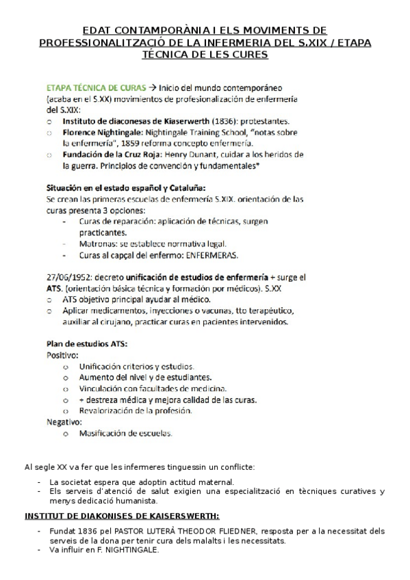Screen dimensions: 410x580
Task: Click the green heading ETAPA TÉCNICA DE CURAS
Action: pyautogui.click(x=96, y=88)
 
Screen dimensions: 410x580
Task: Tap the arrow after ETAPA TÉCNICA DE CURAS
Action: pyautogui.click(x=153, y=88)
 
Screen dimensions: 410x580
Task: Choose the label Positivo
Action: pyautogui.click(x=62, y=356)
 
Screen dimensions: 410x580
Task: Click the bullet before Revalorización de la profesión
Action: pyautogui.click(x=65, y=411)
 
